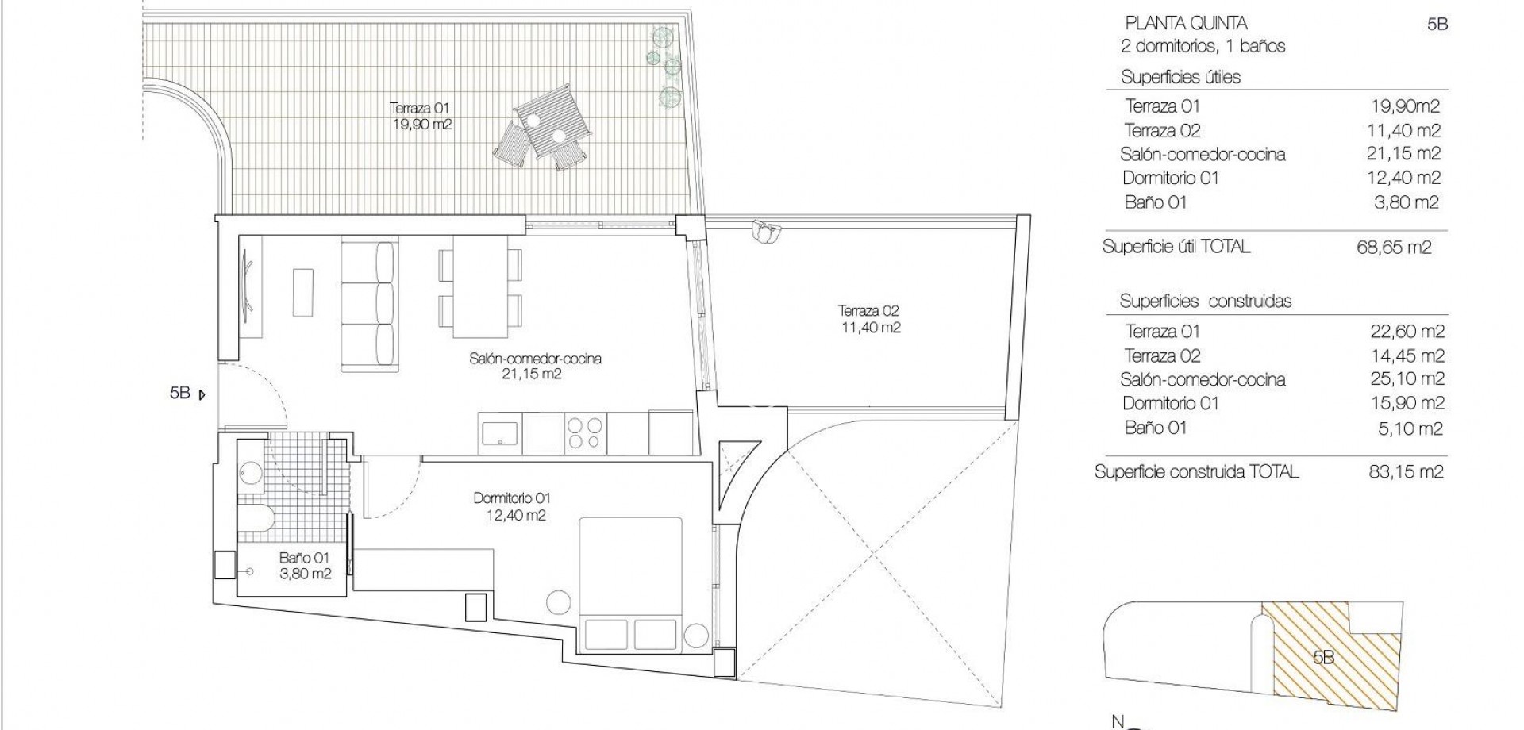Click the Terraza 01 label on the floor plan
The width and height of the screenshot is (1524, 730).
pos(421,116)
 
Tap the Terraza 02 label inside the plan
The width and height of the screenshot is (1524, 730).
pos(869,319)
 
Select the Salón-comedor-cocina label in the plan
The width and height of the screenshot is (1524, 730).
pos(535,366)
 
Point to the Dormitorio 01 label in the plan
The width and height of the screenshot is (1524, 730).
pos(512,506)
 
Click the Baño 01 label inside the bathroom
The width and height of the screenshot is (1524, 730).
pos(304,566)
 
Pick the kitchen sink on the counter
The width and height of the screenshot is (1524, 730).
pos(499,433)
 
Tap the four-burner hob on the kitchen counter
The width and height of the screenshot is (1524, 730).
pos(583,433)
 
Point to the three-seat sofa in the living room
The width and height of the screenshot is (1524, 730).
pos(368,306)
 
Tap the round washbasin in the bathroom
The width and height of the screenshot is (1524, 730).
pos(251,474)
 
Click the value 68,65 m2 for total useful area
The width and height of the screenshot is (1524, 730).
pos(1394,248)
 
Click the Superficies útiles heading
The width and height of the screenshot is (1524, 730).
pos(1180,77)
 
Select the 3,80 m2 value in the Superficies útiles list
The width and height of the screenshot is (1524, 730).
pos(1405,202)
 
